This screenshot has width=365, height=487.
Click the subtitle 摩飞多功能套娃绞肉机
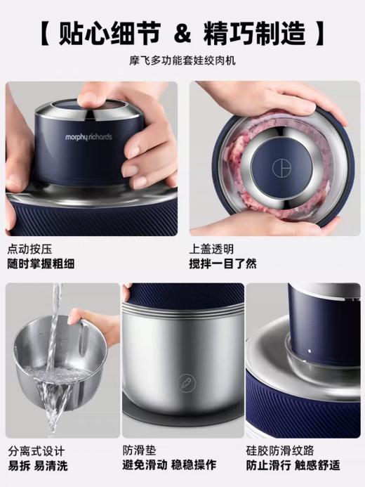point(182,61)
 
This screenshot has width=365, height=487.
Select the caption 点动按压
point(29,249)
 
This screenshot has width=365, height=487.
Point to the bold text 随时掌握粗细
point(41,264)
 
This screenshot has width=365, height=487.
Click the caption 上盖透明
point(211,249)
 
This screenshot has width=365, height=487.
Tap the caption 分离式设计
point(35,450)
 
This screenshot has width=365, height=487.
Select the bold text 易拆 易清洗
point(38,465)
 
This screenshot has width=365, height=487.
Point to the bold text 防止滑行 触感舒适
point(293,465)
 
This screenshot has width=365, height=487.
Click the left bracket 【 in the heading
point(45,32)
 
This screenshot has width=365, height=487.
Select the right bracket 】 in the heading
point(320,32)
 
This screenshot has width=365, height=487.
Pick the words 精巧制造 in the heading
point(254,32)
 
